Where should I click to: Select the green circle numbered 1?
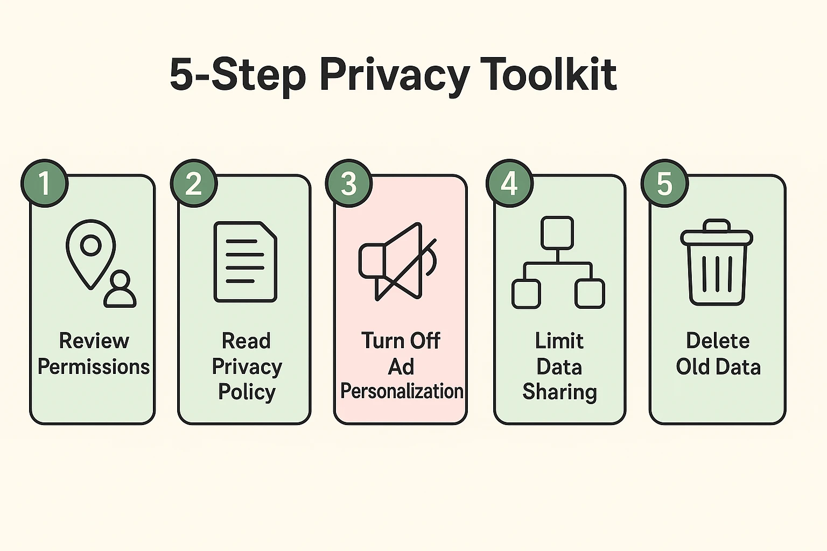[x=44, y=183]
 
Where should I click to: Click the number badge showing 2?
[x=194, y=183]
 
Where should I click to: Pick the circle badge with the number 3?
[x=349, y=183]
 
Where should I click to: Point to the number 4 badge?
[x=509, y=183]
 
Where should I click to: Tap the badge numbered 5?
[x=664, y=183]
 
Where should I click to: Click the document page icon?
[x=246, y=262]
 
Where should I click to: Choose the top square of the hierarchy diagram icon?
[x=557, y=232]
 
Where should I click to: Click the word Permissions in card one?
[x=93, y=367]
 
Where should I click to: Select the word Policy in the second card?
[x=247, y=392]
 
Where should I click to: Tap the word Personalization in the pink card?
[x=402, y=391]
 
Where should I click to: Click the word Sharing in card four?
[x=559, y=392]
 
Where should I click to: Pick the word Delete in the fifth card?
[x=718, y=341]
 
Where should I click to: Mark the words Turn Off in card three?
[x=401, y=341]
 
